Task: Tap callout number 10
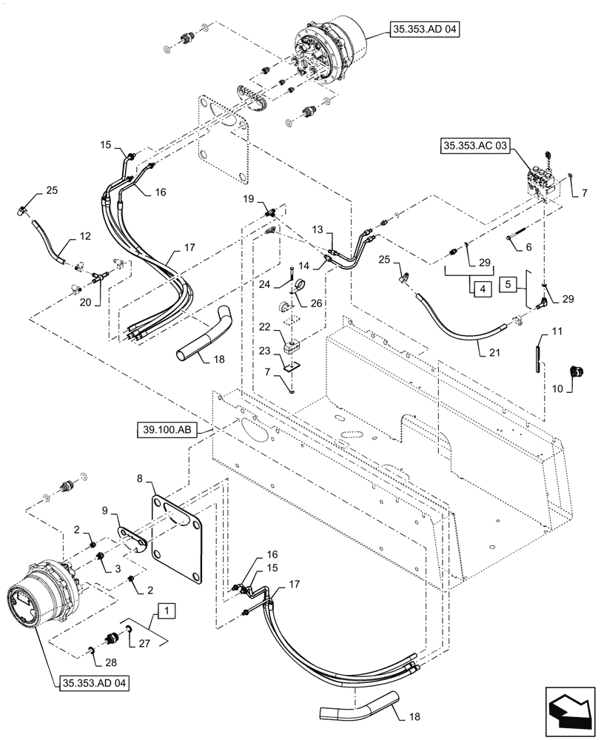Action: [557, 388]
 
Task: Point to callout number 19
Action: [247, 199]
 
